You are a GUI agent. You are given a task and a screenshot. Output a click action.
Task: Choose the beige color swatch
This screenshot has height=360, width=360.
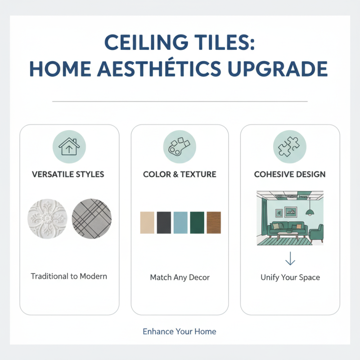pos(147,222)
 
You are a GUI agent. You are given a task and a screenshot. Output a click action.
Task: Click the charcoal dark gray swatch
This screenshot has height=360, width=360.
pos(164,222)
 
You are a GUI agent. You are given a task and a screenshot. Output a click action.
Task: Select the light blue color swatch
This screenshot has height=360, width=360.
pos(180,222)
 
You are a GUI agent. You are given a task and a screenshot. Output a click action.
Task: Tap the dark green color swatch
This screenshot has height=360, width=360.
pos(197,222)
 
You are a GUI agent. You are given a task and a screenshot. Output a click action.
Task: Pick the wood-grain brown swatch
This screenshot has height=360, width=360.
pos(214,222)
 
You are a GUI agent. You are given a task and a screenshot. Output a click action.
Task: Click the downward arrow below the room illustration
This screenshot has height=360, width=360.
pos(290,258)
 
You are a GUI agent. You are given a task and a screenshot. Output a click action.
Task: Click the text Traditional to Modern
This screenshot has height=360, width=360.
pos(69,276)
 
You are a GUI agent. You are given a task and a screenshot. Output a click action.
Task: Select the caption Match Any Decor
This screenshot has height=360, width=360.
pos(180,278)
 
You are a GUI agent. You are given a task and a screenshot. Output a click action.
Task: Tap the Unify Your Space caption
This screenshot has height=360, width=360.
pos(290,278)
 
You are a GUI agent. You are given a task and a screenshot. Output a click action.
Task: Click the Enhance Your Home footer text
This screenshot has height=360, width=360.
pos(180,332)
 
